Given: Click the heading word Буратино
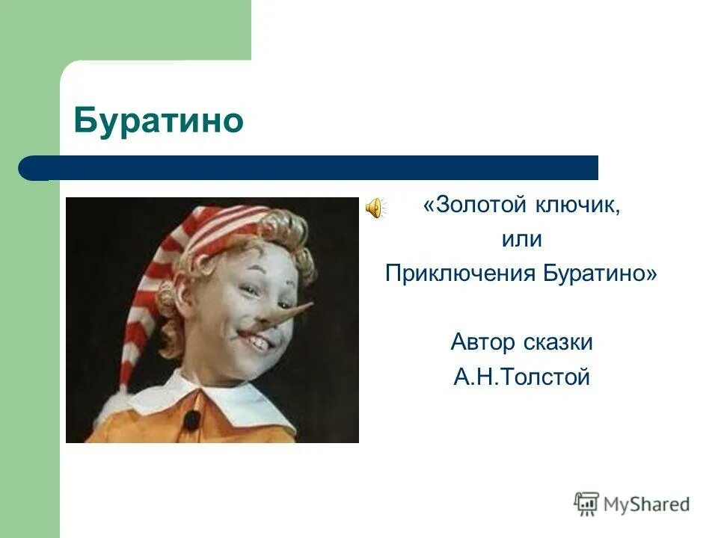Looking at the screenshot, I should (159, 120).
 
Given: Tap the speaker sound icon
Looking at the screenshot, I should (374, 207).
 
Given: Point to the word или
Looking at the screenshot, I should (521, 240).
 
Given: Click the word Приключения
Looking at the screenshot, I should (457, 273).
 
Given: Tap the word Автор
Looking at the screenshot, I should (482, 342).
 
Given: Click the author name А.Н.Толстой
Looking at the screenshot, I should (521, 377).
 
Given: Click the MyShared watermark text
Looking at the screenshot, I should (647, 504).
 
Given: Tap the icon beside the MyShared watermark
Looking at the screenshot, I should (587, 503).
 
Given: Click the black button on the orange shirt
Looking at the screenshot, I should (193, 419).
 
